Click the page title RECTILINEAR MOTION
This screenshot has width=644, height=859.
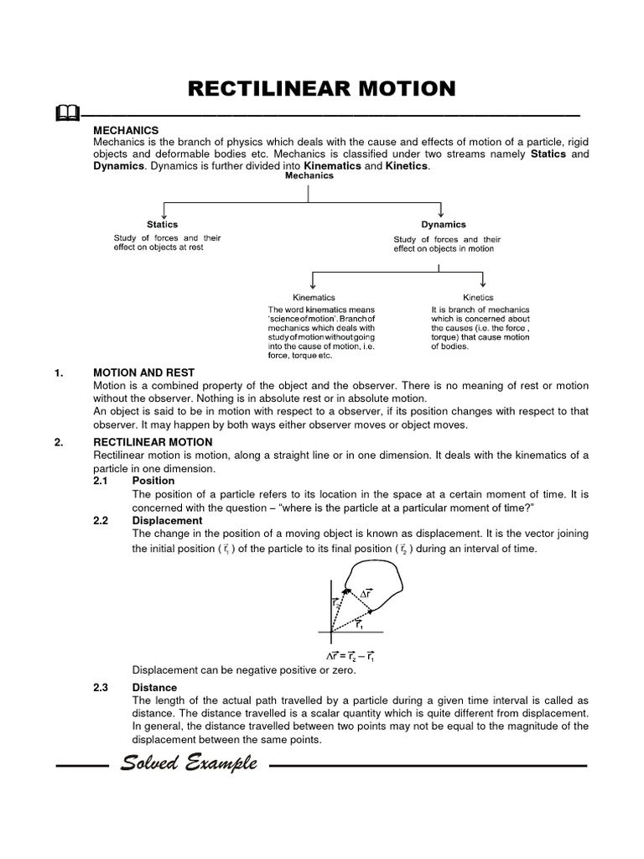321,88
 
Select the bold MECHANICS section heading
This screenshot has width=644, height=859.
126,131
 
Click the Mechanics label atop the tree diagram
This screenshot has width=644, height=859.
309,176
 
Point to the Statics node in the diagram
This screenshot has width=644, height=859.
162,225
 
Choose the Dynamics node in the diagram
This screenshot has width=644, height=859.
443,225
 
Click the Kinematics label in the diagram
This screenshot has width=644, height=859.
314,297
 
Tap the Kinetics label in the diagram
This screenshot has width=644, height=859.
478,297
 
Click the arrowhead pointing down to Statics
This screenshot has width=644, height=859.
162,214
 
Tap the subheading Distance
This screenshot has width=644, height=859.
154,688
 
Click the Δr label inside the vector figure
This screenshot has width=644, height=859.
366,594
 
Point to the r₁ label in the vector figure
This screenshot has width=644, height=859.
359,624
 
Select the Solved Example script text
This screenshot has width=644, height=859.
188,764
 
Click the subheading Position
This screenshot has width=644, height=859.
153,481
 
